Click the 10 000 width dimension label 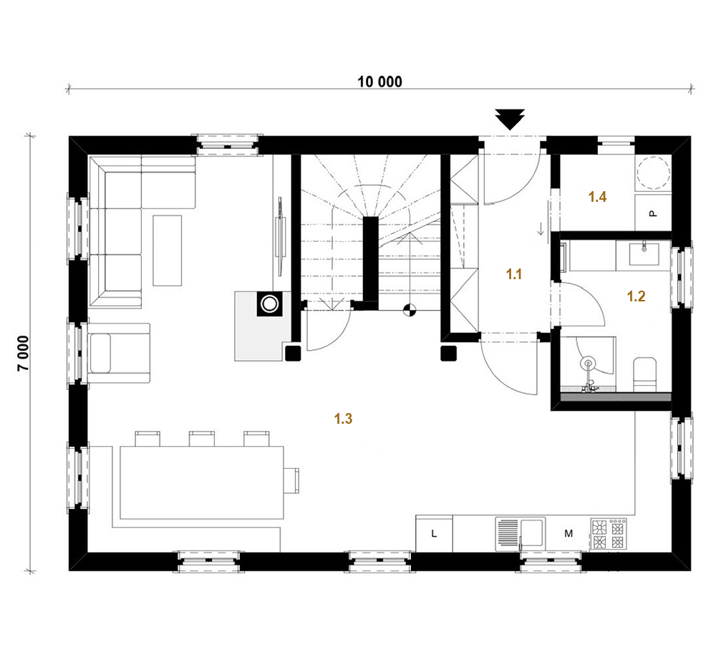pyautogui.click(x=379, y=82)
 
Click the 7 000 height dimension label pyautogui.click(x=24, y=354)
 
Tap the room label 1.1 pyautogui.click(x=513, y=274)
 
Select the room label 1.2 pyautogui.click(x=636, y=296)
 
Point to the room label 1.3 pyautogui.click(x=343, y=419)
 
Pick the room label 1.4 pyautogui.click(x=597, y=197)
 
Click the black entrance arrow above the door pyautogui.click(x=510, y=120)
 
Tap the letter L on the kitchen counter pyautogui.click(x=434, y=533)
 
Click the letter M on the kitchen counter pyautogui.click(x=569, y=533)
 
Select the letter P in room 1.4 pyautogui.click(x=653, y=213)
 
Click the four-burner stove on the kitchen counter pyautogui.click(x=608, y=534)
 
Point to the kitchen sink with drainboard pyautogui.click(x=521, y=533)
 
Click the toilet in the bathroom pyautogui.click(x=645, y=374)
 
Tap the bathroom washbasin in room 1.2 pyautogui.click(x=644, y=254)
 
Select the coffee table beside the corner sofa pyautogui.click(x=167, y=251)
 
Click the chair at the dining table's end pyautogui.click(x=291, y=480)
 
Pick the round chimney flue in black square pyautogui.click(x=269, y=304)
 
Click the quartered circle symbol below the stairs pyautogui.click(x=410, y=311)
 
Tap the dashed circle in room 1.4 pyautogui.click(x=653, y=173)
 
